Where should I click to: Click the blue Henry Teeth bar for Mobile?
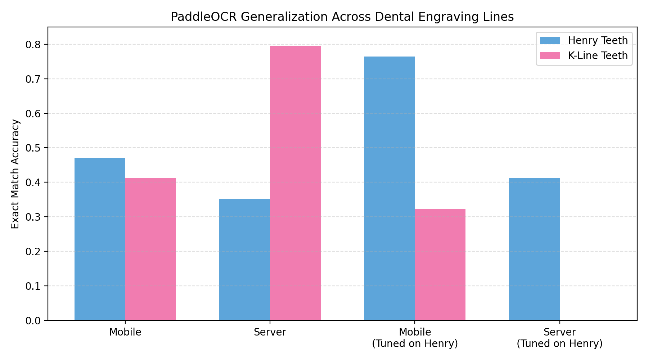[100, 239]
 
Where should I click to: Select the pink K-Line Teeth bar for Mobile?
[150, 249]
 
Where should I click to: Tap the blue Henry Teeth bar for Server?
[244, 259]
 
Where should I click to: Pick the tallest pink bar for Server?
[295, 183]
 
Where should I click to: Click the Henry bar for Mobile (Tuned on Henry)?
[389, 188]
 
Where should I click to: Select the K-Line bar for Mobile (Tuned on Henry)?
[440, 264]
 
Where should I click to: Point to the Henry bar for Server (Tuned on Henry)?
[534, 249]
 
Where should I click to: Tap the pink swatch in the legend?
[550, 55]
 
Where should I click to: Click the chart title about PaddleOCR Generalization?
[342, 17]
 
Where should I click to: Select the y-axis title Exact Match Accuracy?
[15, 174]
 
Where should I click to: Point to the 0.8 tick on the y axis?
[33, 45]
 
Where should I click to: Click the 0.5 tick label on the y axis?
[33, 148]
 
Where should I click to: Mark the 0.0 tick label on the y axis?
[33, 320]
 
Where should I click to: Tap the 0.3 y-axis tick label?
[33, 217]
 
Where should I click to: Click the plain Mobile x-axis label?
[125, 332]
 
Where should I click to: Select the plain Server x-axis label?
[270, 332]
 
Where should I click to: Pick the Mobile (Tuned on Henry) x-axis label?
[415, 338]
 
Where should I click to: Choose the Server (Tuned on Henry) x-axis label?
[559, 338]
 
